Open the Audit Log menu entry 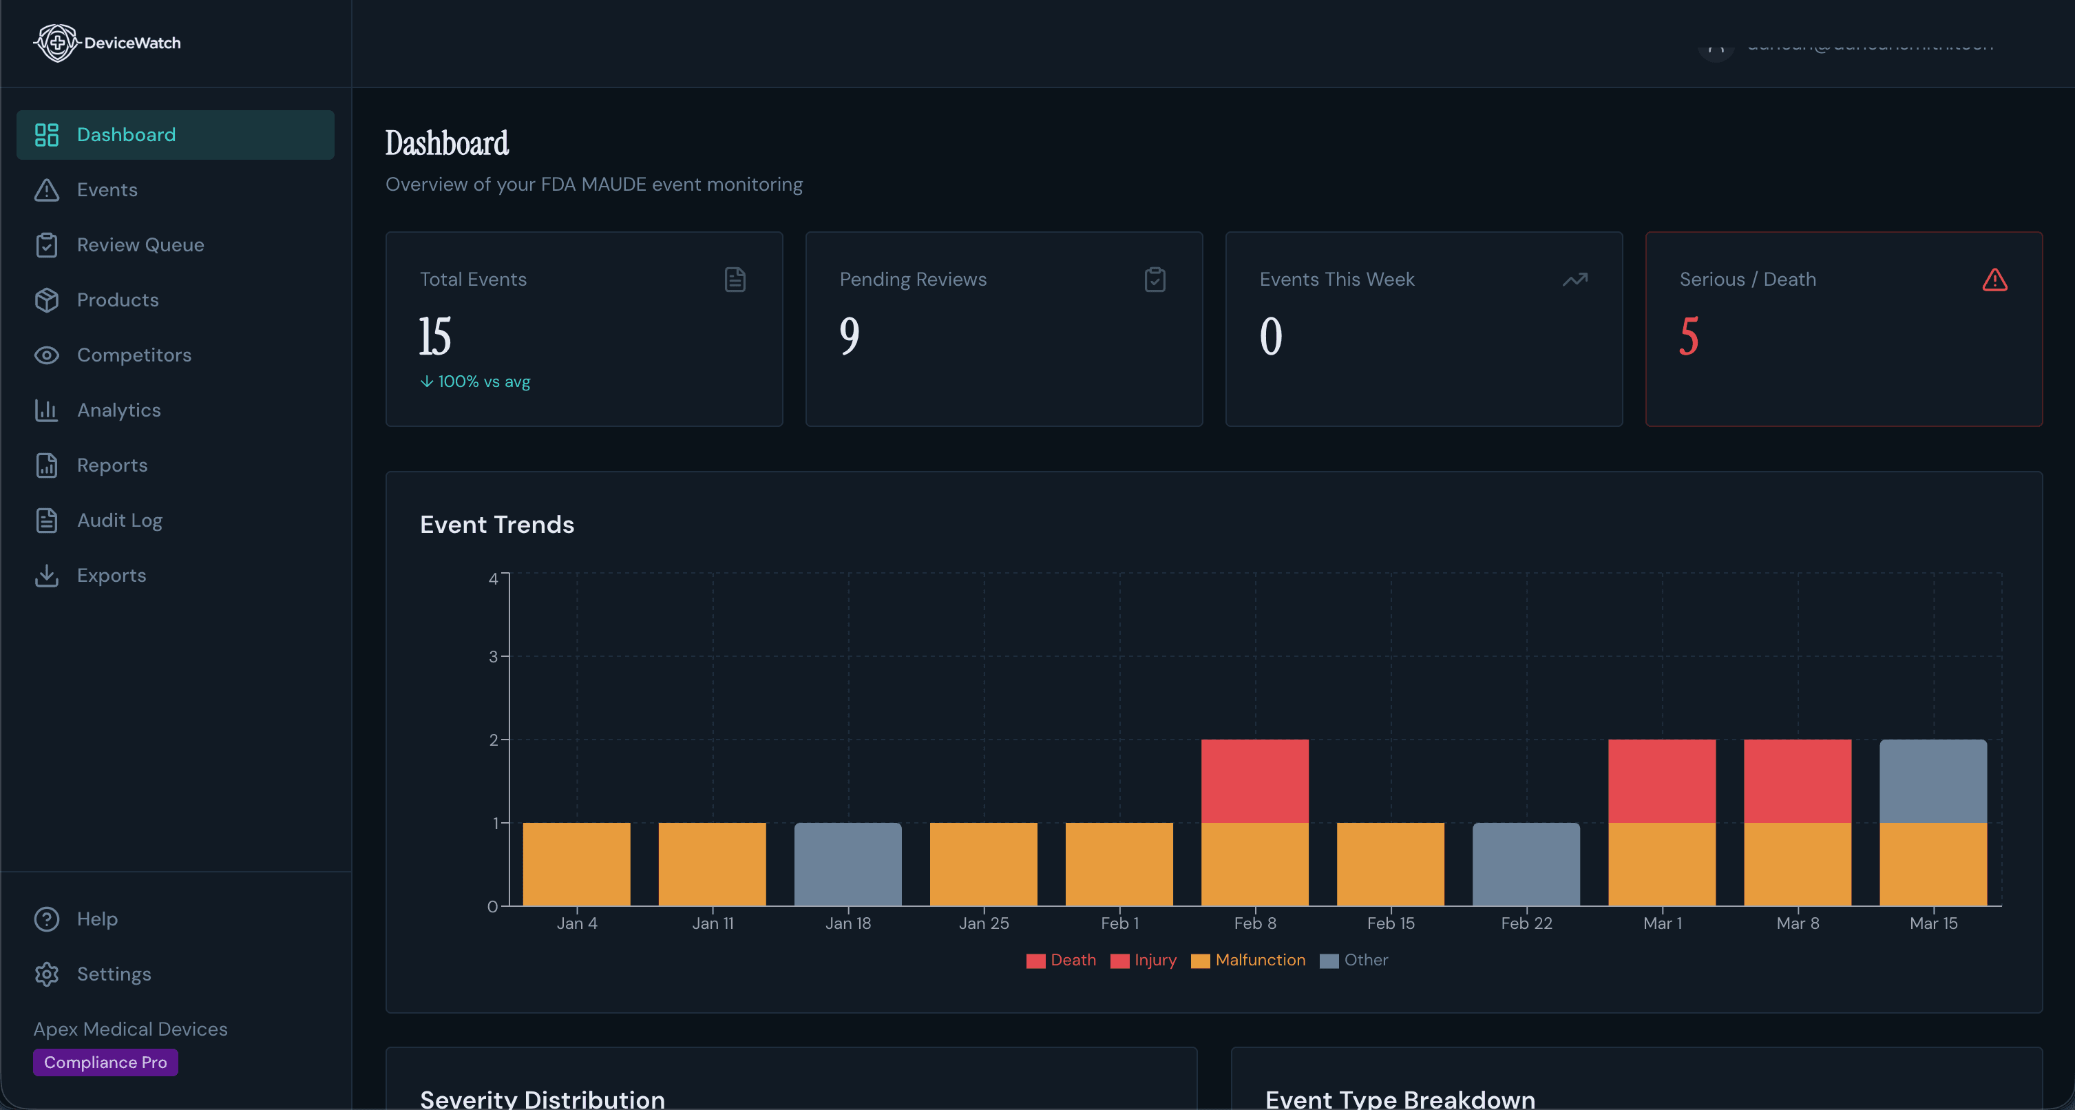tap(119, 521)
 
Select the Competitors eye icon tap(47, 355)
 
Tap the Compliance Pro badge tap(105, 1062)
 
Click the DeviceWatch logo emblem tap(56, 43)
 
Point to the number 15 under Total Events tap(435, 336)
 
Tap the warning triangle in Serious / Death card tap(1994, 280)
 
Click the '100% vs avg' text tap(483, 381)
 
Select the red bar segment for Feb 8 tap(1254, 781)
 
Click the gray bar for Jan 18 tap(847, 863)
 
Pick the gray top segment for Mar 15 tap(1932, 781)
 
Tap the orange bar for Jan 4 tap(576, 863)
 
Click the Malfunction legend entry tap(1259, 960)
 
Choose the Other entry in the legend tap(1365, 960)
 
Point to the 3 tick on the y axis tap(493, 656)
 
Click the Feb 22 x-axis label tap(1526, 923)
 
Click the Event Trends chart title tap(497, 525)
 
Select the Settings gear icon tap(47, 974)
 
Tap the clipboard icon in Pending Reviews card tap(1155, 280)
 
